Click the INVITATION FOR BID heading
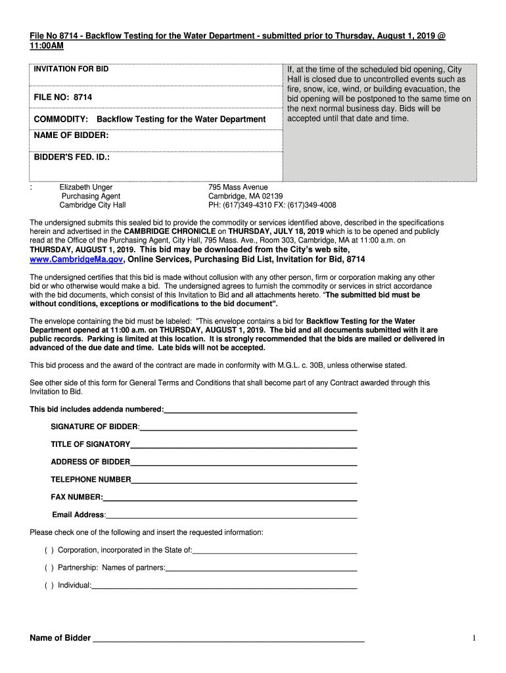(x=71, y=69)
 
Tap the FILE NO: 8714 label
(x=63, y=97)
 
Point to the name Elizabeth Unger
(x=86, y=187)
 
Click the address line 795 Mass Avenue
(x=238, y=187)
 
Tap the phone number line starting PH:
(x=272, y=205)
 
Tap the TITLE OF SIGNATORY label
(x=90, y=444)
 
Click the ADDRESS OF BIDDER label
(x=90, y=462)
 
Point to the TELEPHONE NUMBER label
(x=91, y=480)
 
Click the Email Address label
(x=78, y=515)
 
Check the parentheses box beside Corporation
(x=49, y=550)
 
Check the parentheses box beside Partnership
(x=49, y=568)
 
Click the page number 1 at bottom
(x=473, y=638)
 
